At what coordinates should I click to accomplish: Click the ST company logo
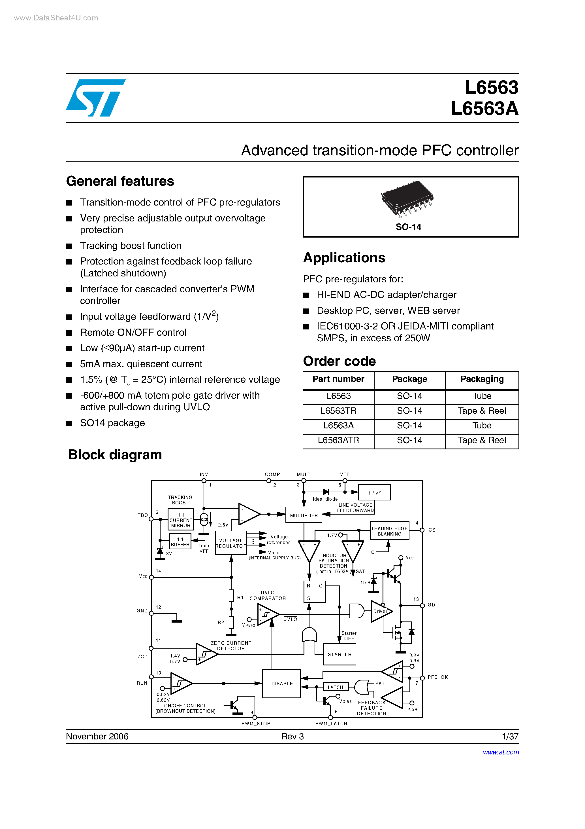point(96,98)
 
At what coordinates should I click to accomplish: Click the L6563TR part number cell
point(338,411)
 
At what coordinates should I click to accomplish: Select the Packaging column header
point(482,379)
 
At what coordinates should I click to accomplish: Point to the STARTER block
point(340,654)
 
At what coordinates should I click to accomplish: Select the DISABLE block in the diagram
point(282,684)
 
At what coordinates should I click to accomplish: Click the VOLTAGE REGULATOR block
point(231,543)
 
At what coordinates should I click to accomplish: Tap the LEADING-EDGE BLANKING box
point(390,531)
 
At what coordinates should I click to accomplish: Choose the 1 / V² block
point(374,493)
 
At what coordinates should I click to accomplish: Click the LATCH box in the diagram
point(336,687)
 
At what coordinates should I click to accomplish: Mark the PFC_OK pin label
point(437,677)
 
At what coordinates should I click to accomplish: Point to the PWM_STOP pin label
point(256,724)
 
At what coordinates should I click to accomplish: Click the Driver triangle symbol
point(380,611)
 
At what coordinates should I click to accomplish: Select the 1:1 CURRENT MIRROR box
point(181,520)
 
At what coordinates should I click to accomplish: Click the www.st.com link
point(501,752)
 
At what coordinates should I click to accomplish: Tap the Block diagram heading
point(115,455)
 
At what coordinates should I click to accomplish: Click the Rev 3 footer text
point(292,737)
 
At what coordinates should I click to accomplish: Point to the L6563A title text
point(484,109)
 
